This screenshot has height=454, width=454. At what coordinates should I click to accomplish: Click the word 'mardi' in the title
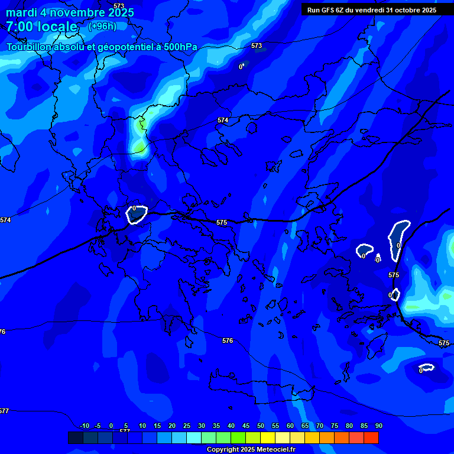22,12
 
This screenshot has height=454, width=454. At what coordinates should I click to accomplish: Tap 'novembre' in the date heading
78,12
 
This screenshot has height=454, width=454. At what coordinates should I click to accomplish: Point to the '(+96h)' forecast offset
102,26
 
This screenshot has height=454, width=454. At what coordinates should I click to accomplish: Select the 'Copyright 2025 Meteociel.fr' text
251,449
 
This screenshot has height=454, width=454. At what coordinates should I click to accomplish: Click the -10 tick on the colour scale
85,426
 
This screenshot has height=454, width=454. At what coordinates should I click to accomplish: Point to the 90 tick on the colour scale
378,426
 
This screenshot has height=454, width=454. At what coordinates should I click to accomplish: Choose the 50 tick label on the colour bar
261,426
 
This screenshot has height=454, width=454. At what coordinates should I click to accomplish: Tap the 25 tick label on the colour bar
187,426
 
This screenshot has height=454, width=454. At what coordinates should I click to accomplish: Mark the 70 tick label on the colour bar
320,426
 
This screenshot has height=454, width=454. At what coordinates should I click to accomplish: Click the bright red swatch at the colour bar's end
371,437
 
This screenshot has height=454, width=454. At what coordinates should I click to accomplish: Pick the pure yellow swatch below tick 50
268,437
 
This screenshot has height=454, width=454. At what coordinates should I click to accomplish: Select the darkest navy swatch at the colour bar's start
76,437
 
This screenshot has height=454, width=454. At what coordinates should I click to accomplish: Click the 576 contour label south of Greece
228,340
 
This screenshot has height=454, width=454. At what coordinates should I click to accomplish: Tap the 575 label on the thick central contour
222,222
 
